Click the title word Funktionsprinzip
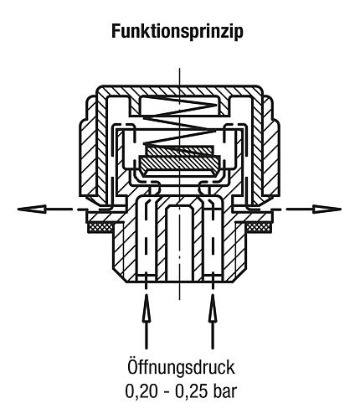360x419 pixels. click(177, 32)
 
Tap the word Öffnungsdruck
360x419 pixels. click(181, 367)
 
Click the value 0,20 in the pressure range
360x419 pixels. click(141, 391)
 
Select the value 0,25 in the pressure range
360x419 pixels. click(192, 391)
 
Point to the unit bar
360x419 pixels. click(224, 391)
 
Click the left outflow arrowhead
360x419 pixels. click(32, 209)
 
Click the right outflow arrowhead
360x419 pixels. click(327, 209)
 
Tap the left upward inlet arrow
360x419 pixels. click(146, 321)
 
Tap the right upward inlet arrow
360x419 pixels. click(213, 321)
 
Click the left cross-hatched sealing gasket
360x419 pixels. click(100, 227)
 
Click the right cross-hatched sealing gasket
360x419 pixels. click(259, 227)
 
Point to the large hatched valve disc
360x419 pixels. click(180, 163)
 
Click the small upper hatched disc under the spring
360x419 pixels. click(178, 151)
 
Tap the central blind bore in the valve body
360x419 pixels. click(180, 242)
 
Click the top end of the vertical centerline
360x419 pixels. click(180, 68)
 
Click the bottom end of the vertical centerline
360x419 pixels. click(179, 299)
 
